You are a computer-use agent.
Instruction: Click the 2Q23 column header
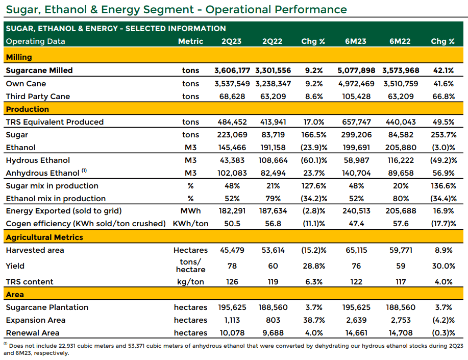click(x=231, y=41)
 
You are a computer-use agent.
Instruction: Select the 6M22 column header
click(x=400, y=41)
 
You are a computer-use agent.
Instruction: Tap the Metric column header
click(x=190, y=41)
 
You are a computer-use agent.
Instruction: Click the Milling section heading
click(x=19, y=57)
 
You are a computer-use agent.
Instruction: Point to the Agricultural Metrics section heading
click(x=44, y=237)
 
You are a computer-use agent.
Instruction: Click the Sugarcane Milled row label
click(x=39, y=70)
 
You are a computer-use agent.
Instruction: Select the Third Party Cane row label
click(x=38, y=96)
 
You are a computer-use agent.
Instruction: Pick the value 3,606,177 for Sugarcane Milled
click(x=232, y=70)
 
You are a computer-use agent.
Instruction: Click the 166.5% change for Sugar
click(x=314, y=135)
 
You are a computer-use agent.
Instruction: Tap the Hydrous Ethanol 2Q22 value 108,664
click(x=273, y=160)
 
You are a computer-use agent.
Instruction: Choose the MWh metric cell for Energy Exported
click(x=190, y=211)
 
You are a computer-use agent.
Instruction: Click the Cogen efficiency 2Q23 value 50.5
click(x=232, y=224)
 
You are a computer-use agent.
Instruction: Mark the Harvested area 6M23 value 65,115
click(x=356, y=250)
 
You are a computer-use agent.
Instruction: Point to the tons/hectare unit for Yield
click(x=190, y=266)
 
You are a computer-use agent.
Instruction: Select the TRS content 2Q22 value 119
click(x=273, y=282)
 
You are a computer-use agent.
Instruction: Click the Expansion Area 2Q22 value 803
click(x=273, y=320)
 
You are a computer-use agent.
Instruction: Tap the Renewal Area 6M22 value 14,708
click(x=401, y=333)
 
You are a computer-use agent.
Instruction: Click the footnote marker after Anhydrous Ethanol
click(x=84, y=171)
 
